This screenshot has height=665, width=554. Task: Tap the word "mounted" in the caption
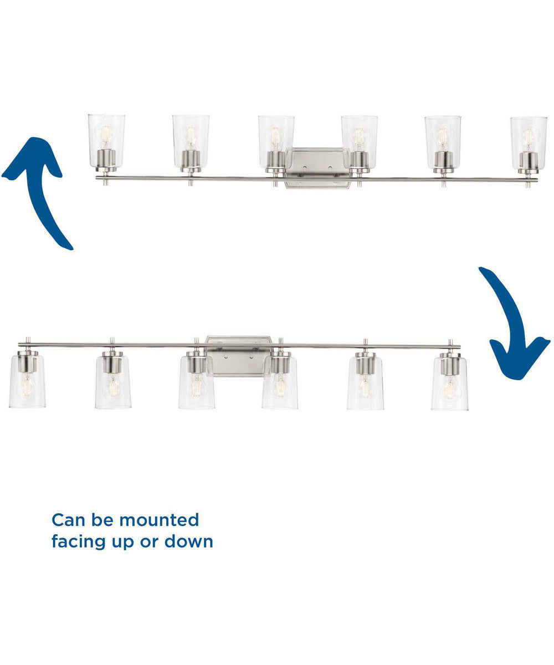[159, 520]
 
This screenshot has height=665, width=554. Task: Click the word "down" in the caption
[189, 541]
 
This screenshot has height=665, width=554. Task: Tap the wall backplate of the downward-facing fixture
[238, 356]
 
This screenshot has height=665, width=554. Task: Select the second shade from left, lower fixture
[113, 382]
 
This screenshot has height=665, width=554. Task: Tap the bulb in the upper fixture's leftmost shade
[106, 136]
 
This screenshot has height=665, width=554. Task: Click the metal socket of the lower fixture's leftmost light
[28, 361]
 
